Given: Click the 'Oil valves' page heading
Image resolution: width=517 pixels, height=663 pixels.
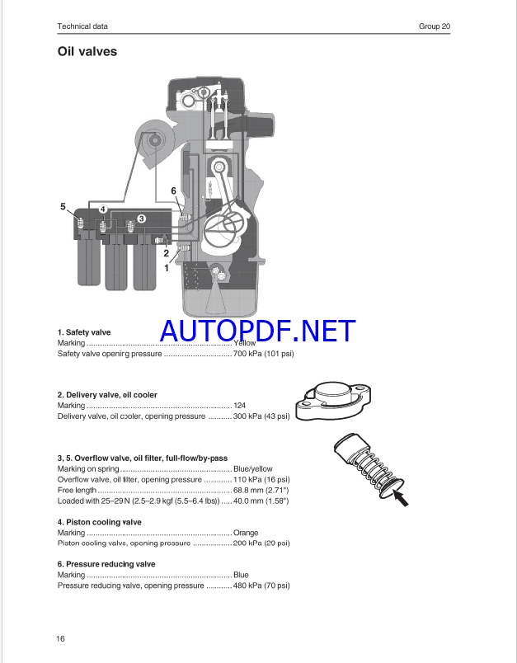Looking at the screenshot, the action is [x=87, y=52].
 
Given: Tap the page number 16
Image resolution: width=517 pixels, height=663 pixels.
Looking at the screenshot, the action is [x=60, y=638].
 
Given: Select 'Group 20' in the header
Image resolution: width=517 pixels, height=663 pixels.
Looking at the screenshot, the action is [x=435, y=26].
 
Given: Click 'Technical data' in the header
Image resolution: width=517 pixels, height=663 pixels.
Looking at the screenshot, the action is [x=82, y=26].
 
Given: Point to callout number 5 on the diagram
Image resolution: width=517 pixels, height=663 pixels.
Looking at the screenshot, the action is [x=63, y=206].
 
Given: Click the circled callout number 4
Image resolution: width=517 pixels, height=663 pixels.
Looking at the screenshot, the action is [x=103, y=209].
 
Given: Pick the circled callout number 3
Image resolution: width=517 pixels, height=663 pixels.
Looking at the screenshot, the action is [x=141, y=219].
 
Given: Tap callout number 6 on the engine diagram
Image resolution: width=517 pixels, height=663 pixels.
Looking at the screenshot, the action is [x=173, y=191].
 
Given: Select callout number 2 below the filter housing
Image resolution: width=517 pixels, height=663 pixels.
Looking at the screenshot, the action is [x=166, y=253].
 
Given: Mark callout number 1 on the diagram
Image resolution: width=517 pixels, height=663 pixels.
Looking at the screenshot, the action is [x=167, y=268].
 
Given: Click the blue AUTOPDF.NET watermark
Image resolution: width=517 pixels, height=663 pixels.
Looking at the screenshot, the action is [x=258, y=331].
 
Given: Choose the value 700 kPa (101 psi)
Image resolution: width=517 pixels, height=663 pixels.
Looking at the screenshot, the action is [x=263, y=354].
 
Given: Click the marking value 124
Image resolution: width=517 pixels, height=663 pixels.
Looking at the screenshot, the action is [x=239, y=406].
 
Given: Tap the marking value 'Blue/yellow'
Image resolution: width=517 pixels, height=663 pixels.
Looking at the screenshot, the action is [x=253, y=469].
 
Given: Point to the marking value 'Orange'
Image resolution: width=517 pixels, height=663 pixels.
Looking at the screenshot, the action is [x=246, y=533].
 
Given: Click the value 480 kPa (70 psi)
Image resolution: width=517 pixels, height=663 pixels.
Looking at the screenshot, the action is [x=261, y=585].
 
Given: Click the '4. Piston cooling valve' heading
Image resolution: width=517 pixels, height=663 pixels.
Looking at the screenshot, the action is [x=99, y=522].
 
